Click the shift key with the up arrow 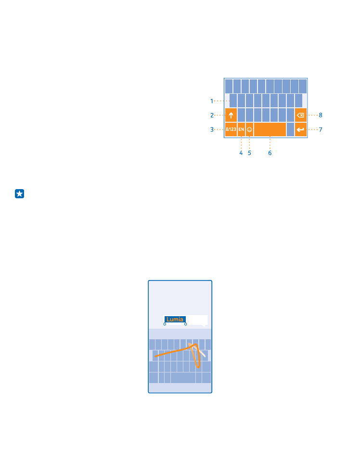231,115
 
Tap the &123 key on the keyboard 231,129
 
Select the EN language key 241,129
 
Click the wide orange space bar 270,129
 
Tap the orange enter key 301,129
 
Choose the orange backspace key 301,115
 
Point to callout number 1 212,101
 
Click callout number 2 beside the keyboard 212,115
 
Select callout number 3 212,129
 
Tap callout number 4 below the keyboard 241,153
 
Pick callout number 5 249,153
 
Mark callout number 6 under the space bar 270,153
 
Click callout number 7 321,129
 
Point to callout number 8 321,115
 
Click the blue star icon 19,194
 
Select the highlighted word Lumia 175,319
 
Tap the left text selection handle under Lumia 165,324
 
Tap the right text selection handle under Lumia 186,324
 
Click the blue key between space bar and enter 290,129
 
